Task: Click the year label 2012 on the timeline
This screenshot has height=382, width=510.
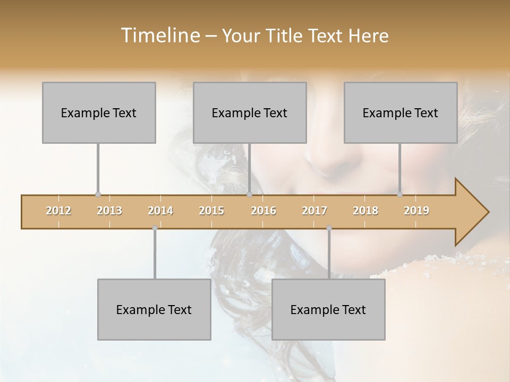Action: [x=58, y=211]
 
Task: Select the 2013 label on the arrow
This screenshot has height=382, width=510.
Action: [x=109, y=211]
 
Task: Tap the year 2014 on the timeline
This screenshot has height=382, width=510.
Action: [x=160, y=211]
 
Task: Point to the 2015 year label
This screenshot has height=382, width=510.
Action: [x=211, y=211]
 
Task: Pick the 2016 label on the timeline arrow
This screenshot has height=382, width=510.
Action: [x=263, y=211]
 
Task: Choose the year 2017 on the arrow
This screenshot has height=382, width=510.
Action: [x=314, y=211]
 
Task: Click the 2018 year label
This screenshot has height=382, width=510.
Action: [x=365, y=211]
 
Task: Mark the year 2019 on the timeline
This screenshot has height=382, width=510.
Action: [x=416, y=211]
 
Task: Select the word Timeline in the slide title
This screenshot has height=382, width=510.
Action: [x=159, y=36]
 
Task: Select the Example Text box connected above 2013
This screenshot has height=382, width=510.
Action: [x=99, y=112]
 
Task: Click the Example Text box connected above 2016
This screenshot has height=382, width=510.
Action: [x=250, y=112]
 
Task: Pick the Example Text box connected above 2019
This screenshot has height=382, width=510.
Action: [x=401, y=112]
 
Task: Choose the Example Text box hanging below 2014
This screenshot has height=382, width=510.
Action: [x=154, y=309]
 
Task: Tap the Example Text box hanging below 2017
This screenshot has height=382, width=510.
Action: [x=328, y=309]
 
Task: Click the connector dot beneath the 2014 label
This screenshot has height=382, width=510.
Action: [x=155, y=228]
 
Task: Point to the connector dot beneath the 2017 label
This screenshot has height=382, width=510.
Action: [x=329, y=228]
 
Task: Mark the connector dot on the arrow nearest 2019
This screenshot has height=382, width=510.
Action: [x=400, y=195]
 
